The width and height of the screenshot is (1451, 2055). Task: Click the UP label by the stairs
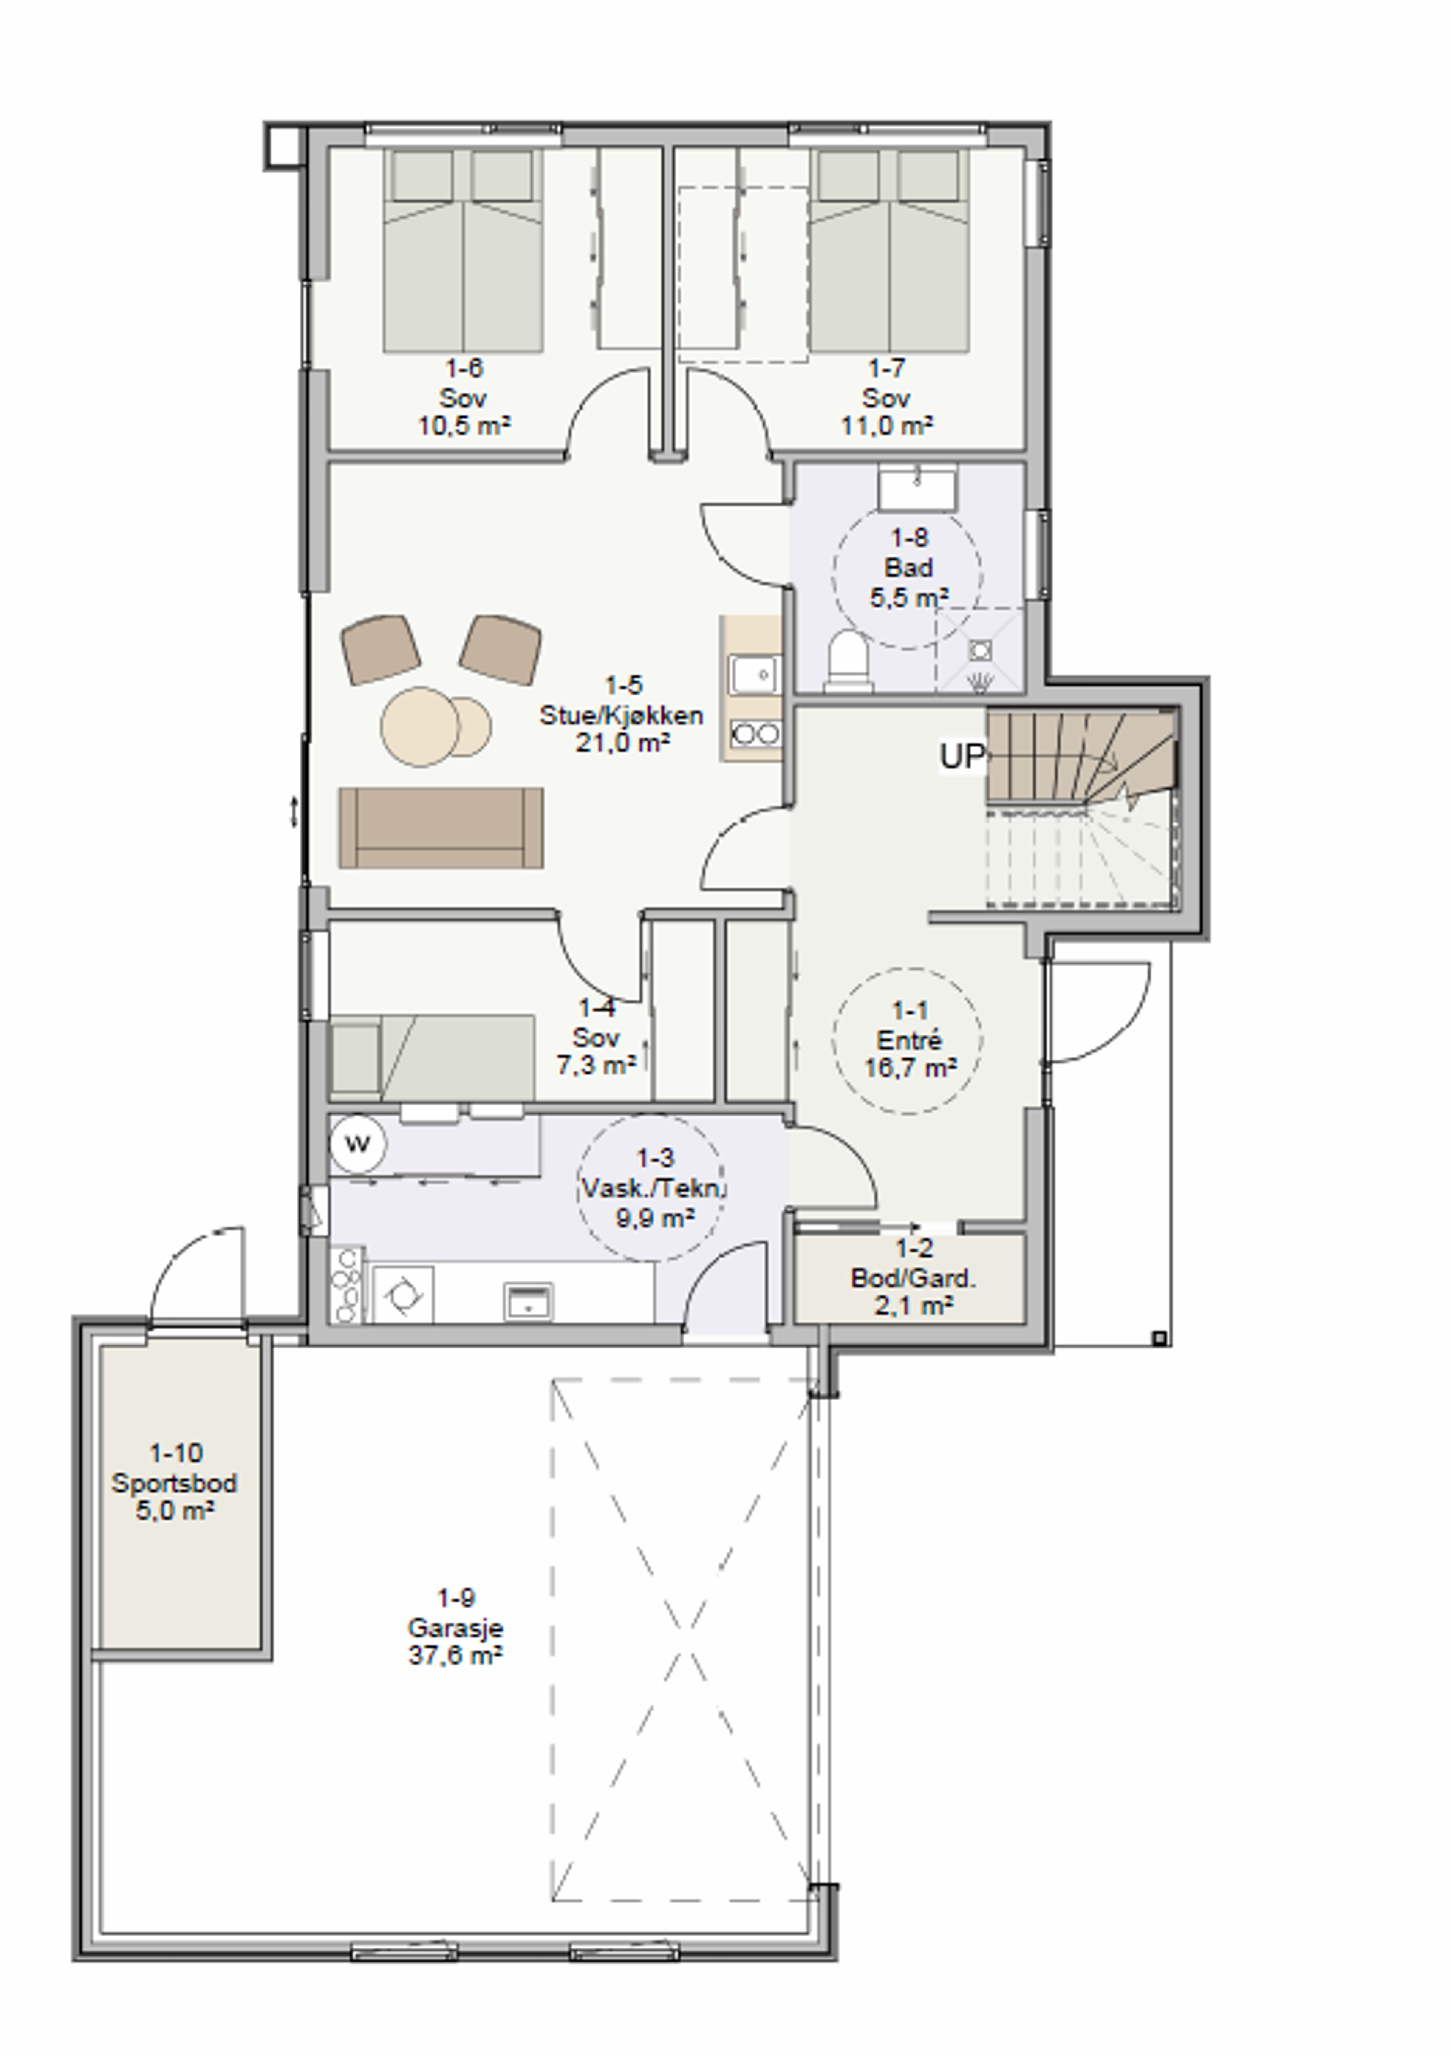pyautogui.click(x=961, y=756)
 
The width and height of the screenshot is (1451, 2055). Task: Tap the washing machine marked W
pyautogui.click(x=357, y=1144)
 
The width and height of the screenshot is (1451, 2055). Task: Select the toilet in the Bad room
pyautogui.click(x=848, y=661)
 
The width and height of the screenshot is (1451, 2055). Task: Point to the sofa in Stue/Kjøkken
pyautogui.click(x=441, y=828)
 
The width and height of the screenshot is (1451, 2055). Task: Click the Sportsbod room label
pyautogui.click(x=175, y=1483)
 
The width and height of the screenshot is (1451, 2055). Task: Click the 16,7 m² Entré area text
pyautogui.click(x=910, y=1068)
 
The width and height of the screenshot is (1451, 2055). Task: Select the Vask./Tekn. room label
pyautogui.click(x=654, y=1188)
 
